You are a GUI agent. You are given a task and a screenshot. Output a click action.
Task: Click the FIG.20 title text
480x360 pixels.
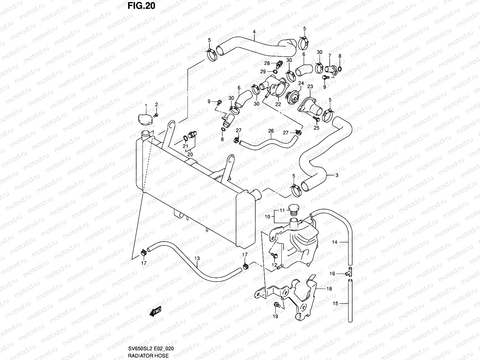click(x=141, y=6)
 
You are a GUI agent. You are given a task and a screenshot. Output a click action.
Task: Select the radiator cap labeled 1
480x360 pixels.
click(x=145, y=120)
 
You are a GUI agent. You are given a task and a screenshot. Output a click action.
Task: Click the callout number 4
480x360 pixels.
click(x=254, y=32)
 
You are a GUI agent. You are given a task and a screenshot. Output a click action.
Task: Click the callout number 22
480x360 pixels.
click(x=278, y=104)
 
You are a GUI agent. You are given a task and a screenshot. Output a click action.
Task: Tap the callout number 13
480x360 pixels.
click(x=197, y=258)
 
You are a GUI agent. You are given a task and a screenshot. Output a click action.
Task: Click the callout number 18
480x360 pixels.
click(x=329, y=289)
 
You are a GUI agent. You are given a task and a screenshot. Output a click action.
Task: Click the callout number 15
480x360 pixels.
click(x=335, y=303)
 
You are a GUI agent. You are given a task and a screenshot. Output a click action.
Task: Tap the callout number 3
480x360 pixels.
click(x=337, y=175)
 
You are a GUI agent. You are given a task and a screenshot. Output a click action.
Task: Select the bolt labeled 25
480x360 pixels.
click(x=316, y=119)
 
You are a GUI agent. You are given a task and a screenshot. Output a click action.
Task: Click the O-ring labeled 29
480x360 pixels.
click(x=275, y=71)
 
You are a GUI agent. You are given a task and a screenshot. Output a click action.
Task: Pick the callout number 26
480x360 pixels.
click(x=271, y=131)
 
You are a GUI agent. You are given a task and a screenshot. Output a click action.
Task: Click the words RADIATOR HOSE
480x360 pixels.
click(x=148, y=355)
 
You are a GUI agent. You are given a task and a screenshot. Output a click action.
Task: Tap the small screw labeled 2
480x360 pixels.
click(x=156, y=115)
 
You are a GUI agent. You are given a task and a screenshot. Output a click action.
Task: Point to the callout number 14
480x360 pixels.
click(x=335, y=242)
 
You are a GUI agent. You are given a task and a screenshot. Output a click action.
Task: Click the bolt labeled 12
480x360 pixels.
click(x=274, y=255)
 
